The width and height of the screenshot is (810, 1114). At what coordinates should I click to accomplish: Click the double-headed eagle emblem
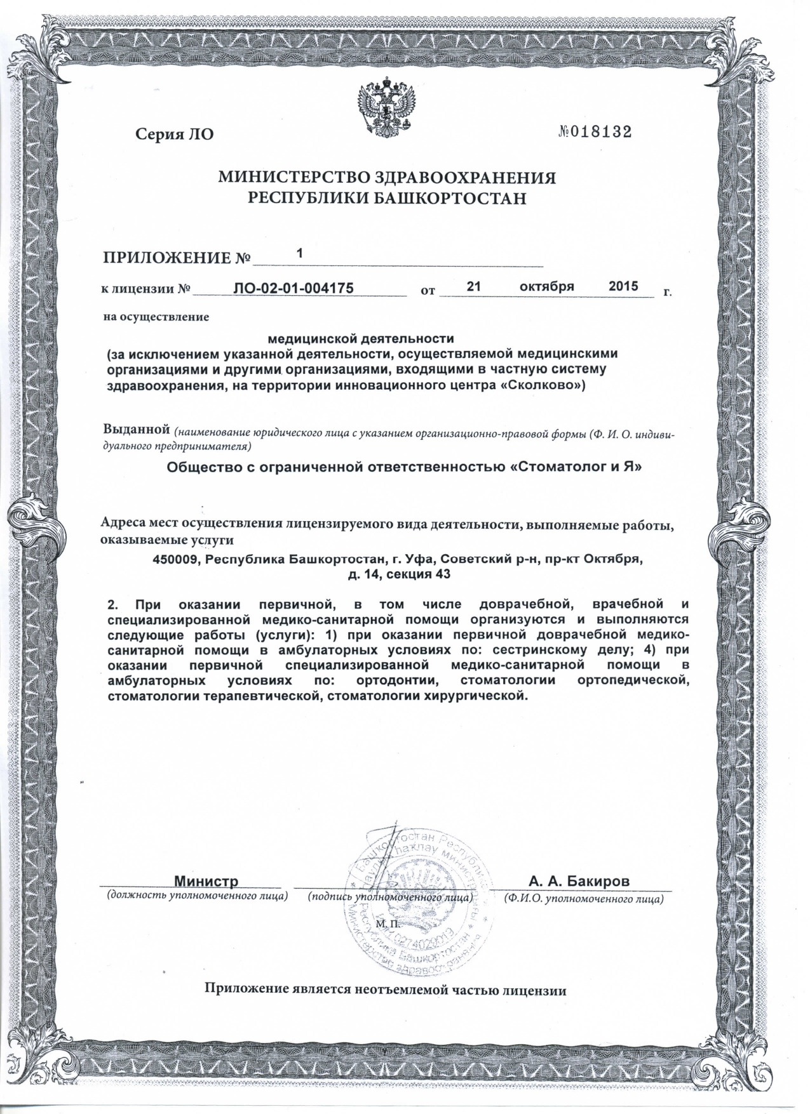[386, 105]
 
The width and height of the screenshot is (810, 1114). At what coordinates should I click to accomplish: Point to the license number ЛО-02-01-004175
[294, 288]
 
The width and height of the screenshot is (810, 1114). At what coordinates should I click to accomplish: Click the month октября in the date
[547, 286]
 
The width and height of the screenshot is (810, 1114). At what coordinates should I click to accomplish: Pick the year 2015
[623, 286]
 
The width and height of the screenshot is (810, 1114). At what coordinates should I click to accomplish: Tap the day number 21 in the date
[474, 286]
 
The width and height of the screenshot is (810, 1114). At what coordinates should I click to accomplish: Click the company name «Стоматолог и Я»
[577, 468]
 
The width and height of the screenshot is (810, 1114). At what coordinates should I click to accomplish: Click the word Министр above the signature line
[206, 881]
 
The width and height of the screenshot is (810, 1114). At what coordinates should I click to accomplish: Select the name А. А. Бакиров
[579, 881]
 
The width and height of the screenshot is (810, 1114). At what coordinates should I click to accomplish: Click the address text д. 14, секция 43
[399, 575]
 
